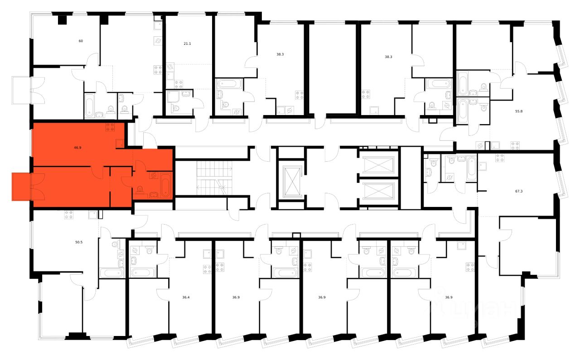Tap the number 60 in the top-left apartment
click(81, 41)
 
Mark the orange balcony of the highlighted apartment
click(21, 187)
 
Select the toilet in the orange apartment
click(140, 190)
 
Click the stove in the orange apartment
click(110, 127)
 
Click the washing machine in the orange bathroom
click(153, 175)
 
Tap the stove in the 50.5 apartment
click(69, 215)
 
